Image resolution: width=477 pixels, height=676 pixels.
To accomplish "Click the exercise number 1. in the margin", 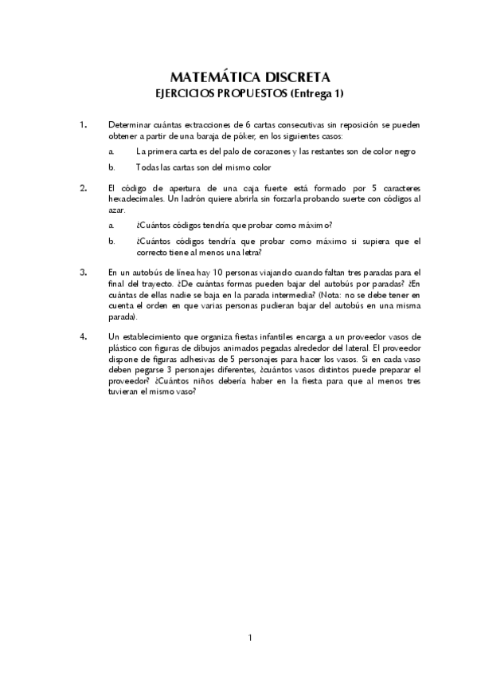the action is (83, 125).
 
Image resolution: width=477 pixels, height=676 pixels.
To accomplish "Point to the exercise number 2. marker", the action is (83, 188).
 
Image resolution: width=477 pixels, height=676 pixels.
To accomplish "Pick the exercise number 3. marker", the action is (83, 272).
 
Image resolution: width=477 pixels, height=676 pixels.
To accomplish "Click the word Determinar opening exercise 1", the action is (131, 125).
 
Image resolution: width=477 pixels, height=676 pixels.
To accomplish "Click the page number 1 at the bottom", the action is (250, 637).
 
